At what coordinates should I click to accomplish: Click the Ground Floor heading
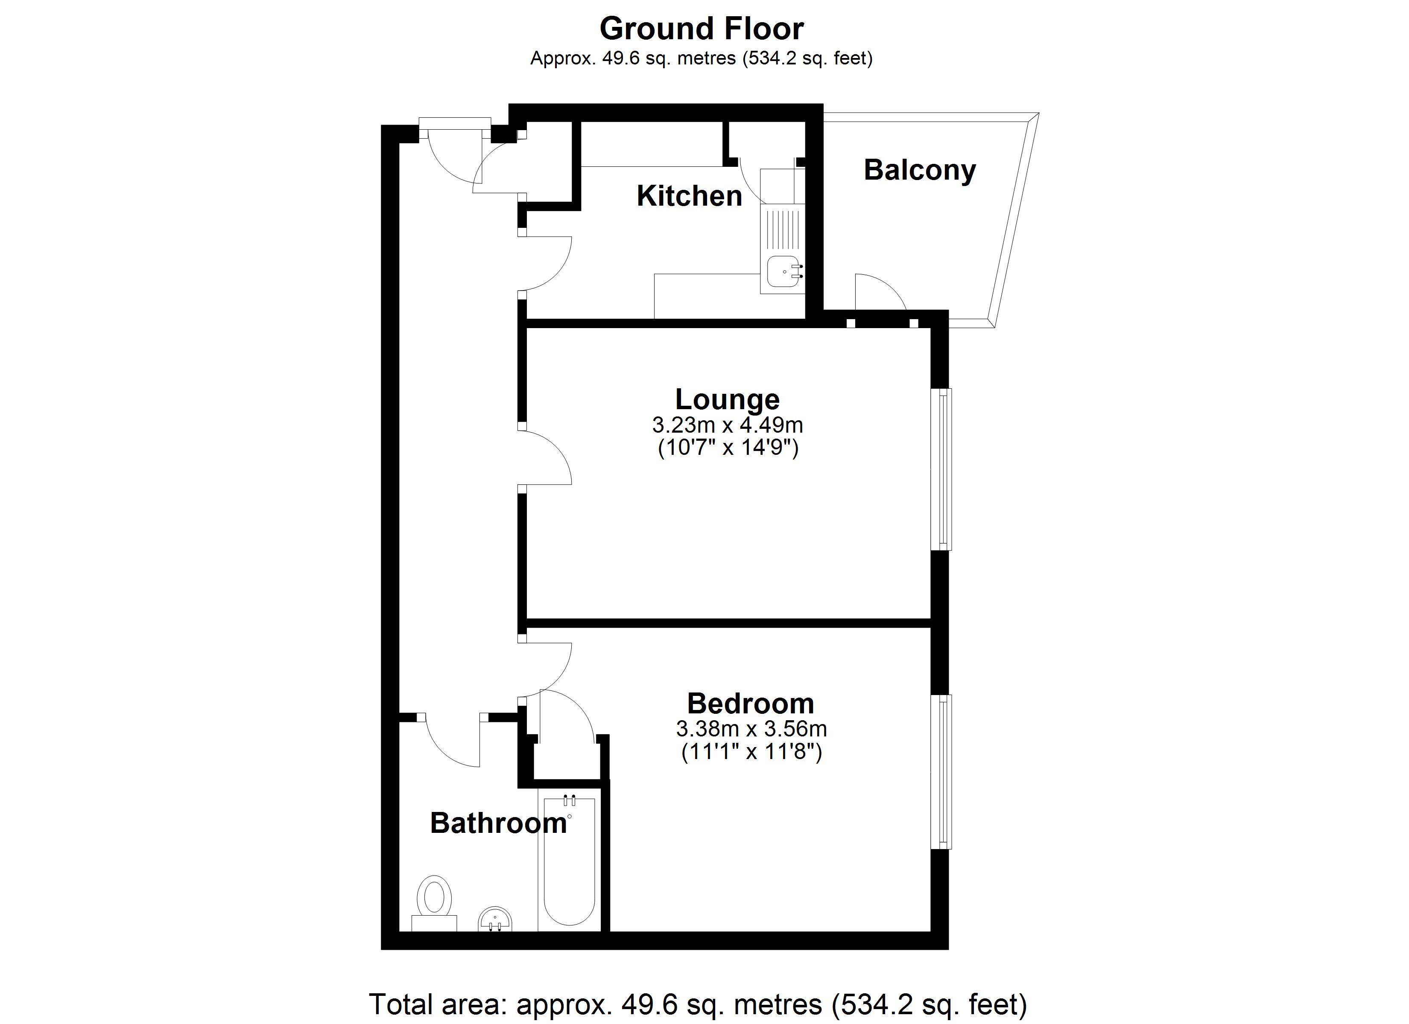click(702, 29)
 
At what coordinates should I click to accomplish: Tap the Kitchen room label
click(689, 196)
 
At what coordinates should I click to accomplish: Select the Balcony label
click(919, 170)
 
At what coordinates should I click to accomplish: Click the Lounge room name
click(727, 399)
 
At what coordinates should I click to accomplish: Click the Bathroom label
click(498, 823)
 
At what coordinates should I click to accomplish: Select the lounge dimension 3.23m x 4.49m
click(727, 425)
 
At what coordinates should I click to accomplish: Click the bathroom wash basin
click(495, 919)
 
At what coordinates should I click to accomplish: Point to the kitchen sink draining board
click(782, 230)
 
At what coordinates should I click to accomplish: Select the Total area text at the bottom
click(698, 1004)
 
